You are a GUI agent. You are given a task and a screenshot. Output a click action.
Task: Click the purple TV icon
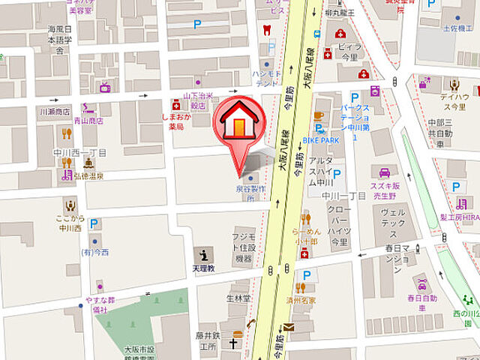click(105, 87)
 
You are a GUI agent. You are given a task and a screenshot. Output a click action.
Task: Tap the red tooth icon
click(263, 31)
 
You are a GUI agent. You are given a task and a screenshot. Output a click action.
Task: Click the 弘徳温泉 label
click(88, 177)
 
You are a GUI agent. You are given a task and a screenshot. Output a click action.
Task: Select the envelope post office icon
click(289, 327)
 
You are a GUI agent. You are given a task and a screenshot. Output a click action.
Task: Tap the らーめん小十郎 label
click(308, 236)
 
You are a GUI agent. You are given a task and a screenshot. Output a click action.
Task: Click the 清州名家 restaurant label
click(301, 300)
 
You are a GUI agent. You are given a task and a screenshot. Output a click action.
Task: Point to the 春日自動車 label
click(422, 303)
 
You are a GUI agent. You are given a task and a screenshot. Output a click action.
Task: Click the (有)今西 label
click(95, 252)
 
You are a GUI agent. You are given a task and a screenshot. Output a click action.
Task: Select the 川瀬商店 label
click(54, 111)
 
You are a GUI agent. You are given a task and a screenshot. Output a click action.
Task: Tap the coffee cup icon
click(318, 115)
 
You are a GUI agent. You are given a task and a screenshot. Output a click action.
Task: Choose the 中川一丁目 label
click(343, 196)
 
